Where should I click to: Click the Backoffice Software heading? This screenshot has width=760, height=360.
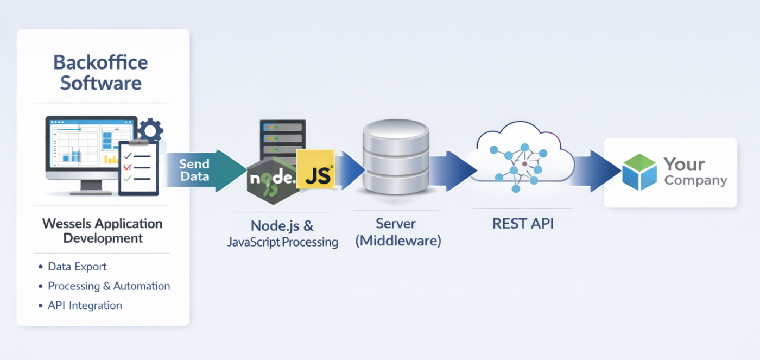(100, 73)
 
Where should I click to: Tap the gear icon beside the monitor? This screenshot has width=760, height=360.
(150, 131)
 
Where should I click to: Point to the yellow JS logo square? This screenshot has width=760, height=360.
(315, 169)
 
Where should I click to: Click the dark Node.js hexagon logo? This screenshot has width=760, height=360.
(272, 179)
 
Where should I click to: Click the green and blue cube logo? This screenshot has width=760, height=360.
(639, 172)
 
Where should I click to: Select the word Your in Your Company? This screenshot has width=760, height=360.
(684, 164)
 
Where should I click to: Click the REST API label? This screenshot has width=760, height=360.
(523, 224)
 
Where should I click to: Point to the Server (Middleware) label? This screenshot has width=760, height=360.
(398, 232)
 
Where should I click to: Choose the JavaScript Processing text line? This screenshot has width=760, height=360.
(282, 242)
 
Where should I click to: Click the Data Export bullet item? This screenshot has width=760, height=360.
(77, 267)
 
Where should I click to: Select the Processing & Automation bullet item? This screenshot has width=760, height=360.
(109, 286)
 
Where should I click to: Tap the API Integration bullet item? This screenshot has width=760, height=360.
(85, 306)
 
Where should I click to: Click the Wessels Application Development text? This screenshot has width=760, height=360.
(102, 231)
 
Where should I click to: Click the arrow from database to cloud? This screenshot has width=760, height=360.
(451, 170)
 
